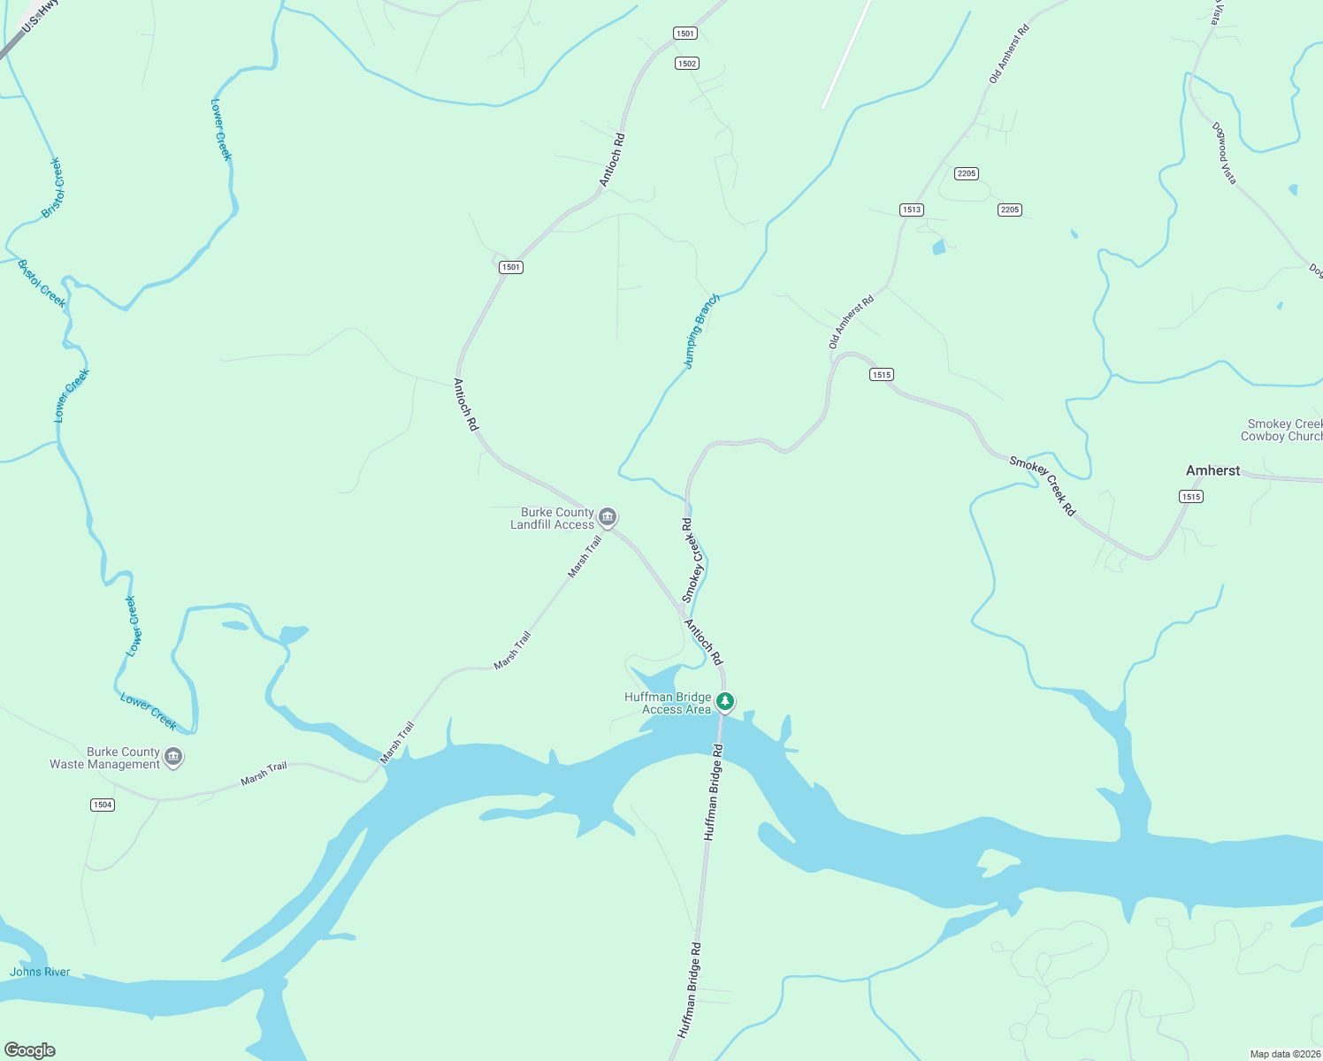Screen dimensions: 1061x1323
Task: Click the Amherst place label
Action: [1212, 471]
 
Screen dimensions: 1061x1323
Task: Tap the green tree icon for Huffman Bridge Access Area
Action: [725, 702]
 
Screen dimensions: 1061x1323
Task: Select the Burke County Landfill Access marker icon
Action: [607, 517]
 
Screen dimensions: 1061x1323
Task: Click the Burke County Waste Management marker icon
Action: [174, 757]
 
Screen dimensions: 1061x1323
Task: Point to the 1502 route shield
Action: [686, 64]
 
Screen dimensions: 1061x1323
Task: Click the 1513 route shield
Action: [911, 210]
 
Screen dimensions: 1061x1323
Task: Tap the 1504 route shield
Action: [103, 805]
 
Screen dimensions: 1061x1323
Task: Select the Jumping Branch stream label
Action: [701, 332]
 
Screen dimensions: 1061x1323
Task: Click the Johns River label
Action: [40, 973]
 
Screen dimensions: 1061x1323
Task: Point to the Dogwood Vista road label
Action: [1224, 153]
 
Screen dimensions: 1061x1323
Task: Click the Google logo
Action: [30, 1050]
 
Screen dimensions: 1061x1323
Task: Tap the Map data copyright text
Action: [1284, 1054]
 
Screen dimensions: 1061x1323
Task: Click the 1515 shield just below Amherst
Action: [1190, 497]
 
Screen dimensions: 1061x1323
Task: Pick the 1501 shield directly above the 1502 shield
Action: [684, 34]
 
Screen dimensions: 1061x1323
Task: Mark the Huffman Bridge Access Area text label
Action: [668, 704]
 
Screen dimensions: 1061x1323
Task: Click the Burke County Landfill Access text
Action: [553, 519]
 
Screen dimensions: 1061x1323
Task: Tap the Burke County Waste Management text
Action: [105, 759]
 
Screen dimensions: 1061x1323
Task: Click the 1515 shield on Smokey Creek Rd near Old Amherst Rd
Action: [881, 375]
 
